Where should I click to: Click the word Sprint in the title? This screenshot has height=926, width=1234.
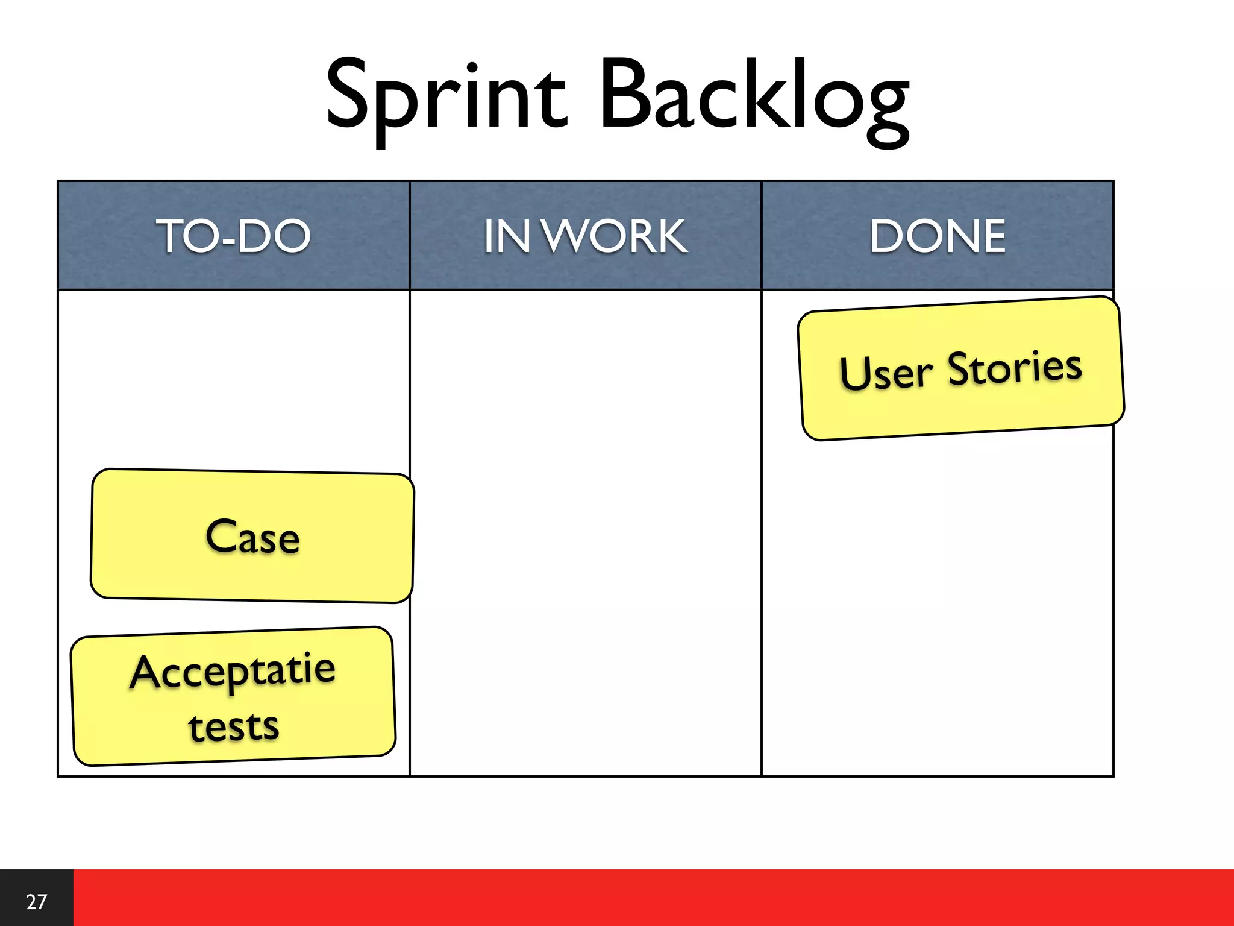446,96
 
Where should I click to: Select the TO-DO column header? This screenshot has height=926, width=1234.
233,236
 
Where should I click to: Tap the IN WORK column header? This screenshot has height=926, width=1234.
585,236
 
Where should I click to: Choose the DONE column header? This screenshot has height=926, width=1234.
938,236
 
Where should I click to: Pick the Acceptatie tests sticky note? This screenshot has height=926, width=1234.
233,696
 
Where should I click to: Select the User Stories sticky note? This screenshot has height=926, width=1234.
960,369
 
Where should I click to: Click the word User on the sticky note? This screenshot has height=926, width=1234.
886,373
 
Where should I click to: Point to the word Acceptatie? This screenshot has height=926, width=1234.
233,671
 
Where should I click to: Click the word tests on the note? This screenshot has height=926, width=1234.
234,726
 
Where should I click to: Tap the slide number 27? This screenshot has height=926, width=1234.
36,901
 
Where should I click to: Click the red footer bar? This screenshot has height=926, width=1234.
651,898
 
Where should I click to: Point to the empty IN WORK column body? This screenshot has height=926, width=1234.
585,531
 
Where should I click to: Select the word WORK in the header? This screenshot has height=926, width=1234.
615,236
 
